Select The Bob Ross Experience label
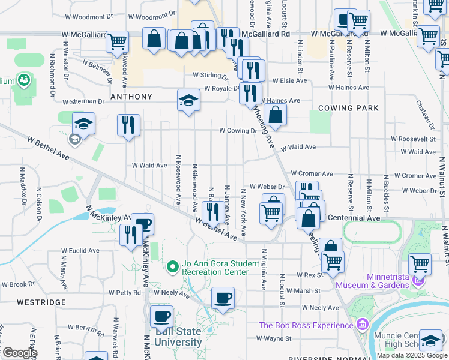pyautogui.click(x=306, y=325)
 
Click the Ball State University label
pyautogui.click(x=178, y=337)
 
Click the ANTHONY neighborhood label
pyautogui.click(x=131, y=96)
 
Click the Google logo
pyautogui.click(x=19, y=353)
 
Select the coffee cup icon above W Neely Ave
pyautogui.click(x=223, y=298)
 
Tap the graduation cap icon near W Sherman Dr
pyautogui.click(x=188, y=100)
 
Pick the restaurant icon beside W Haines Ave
pyautogui.click(x=250, y=93)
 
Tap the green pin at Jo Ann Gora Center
pyautogui.click(x=172, y=265)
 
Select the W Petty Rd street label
pyautogui.click(x=124, y=293)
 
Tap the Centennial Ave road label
pyautogui.click(x=354, y=218)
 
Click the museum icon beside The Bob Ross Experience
pyautogui.click(x=362, y=325)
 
